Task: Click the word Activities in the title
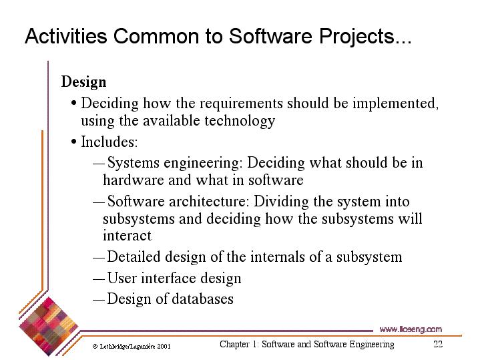coord(66,36)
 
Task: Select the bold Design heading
coord(83,82)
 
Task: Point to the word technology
coord(240,121)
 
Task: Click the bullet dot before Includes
coord(73,142)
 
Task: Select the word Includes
coord(109,142)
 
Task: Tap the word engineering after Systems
coord(203,163)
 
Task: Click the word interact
coord(127,236)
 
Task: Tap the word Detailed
coord(134,256)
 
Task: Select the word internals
coord(277,256)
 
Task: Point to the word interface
coord(168,279)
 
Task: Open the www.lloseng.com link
coord(411,330)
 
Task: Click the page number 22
coord(438,344)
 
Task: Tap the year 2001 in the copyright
coord(164,347)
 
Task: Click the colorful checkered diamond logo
coord(48,327)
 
